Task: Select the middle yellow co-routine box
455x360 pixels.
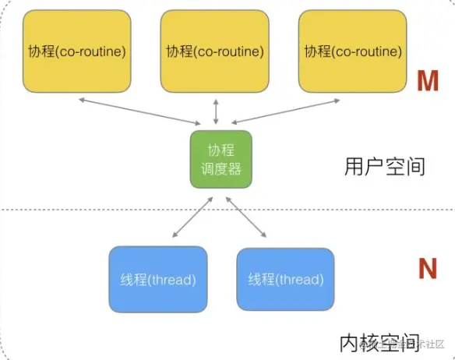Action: coord(214,51)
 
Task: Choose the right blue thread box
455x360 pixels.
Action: coord(284,279)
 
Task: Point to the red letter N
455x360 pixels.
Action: coord(427,269)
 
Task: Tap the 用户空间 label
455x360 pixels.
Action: coord(384,166)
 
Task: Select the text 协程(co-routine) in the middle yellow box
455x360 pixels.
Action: coord(214,51)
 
